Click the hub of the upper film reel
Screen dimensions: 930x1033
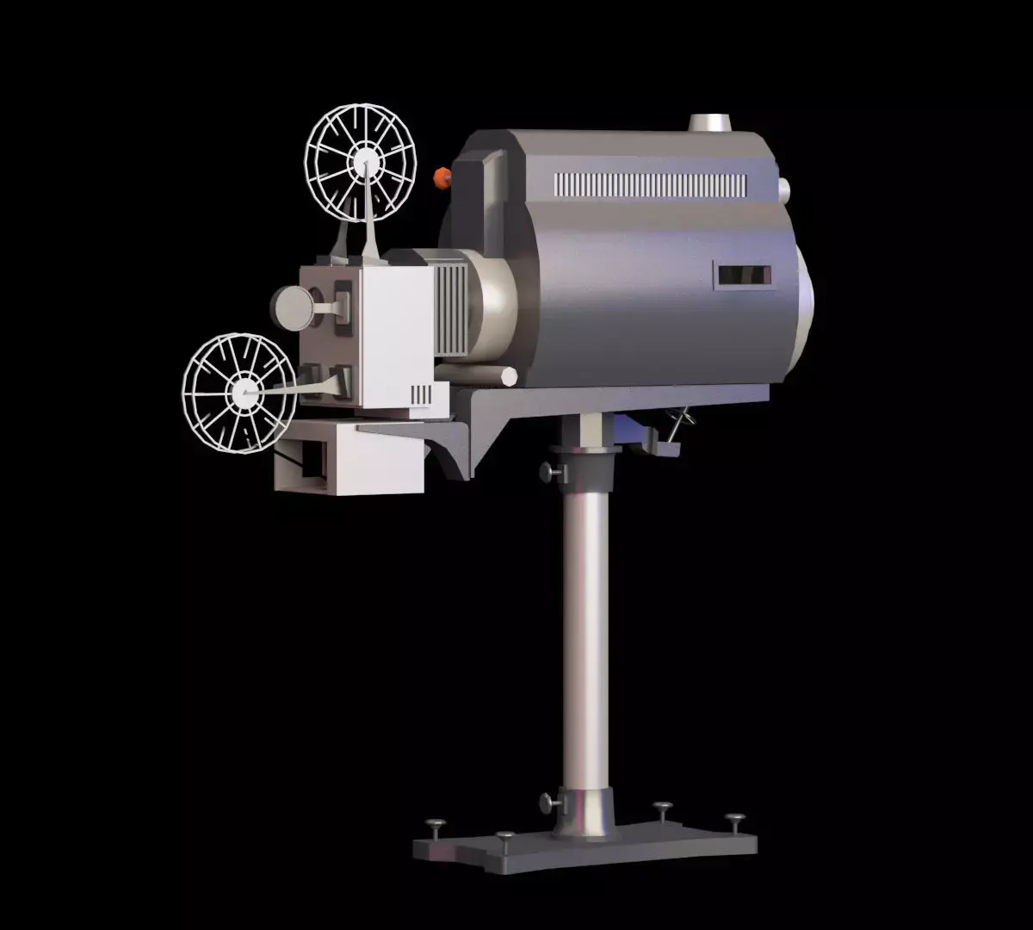363,162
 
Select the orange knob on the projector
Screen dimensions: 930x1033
442,178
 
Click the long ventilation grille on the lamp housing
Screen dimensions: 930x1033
650,184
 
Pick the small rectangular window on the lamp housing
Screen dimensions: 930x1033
742,276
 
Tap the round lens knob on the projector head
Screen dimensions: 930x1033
292,307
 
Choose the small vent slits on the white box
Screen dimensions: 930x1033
421,394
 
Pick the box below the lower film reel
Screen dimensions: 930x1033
349,459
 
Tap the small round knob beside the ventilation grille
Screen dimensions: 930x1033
783,189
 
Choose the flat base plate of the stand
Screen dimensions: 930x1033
585,848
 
